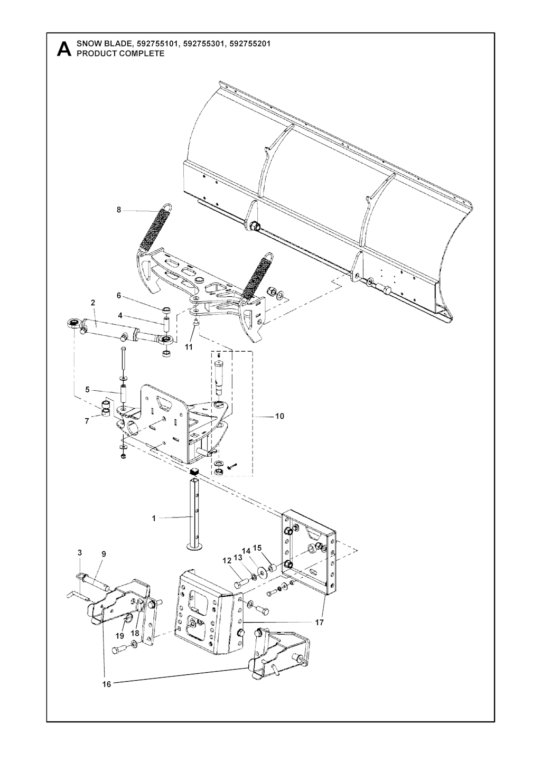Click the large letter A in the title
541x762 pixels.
[64, 49]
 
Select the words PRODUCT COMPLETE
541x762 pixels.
[120, 53]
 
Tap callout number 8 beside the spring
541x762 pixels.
[119, 210]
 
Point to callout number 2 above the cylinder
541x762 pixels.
[93, 303]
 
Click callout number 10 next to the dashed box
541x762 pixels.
[279, 416]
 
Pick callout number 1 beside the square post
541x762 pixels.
[154, 519]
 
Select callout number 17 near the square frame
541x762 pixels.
[320, 622]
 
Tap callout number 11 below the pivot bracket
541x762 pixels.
[189, 347]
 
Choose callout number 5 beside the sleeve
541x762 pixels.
[87, 390]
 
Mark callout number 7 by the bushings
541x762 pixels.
[87, 421]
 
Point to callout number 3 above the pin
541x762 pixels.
[80, 553]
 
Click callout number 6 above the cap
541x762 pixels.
[119, 296]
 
